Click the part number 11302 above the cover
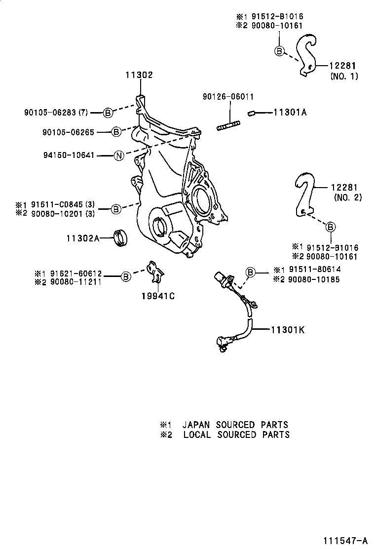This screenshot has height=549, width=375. [139, 75]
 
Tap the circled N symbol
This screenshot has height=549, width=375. [118, 156]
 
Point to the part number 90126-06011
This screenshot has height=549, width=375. [228, 97]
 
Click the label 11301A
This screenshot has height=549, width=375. [290, 113]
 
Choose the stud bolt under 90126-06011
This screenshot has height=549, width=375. [228, 125]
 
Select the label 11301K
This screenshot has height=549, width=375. [288, 329]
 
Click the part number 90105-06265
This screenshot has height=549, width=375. [68, 132]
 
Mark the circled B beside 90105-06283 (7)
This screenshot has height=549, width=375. [108, 113]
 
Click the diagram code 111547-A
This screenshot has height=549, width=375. [345, 540]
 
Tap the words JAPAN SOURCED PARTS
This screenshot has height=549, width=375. [235, 425]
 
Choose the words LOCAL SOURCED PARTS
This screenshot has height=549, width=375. [236, 434]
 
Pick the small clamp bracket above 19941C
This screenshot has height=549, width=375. [155, 271]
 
